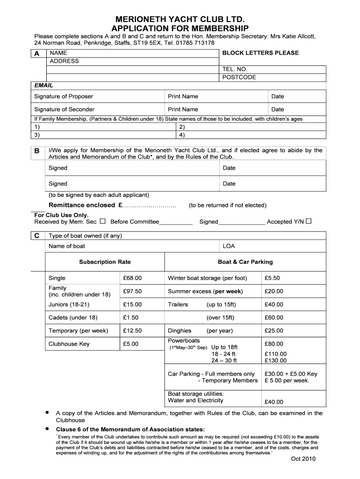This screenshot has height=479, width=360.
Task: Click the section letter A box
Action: [x=37, y=54]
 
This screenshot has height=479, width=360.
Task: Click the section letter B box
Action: [x=37, y=151]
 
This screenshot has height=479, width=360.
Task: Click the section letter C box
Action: [x=37, y=236]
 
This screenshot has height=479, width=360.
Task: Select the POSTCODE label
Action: [x=239, y=78]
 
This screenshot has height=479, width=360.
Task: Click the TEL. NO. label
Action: [x=235, y=69]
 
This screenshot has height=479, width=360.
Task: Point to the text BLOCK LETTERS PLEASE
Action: [x=260, y=53]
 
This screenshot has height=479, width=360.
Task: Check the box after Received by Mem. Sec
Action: [x=102, y=221]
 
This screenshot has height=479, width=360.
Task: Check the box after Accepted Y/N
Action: [x=309, y=221]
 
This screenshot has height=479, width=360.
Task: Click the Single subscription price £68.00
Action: [x=132, y=278]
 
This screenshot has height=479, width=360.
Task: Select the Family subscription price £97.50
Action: [x=132, y=291]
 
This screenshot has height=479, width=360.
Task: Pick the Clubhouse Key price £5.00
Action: [x=130, y=344]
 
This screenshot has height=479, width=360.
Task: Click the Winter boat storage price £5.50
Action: [x=272, y=278]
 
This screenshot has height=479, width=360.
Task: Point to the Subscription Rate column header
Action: [x=105, y=262]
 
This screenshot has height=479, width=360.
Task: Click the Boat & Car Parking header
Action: [x=245, y=262]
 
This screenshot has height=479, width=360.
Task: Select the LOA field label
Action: [x=229, y=246]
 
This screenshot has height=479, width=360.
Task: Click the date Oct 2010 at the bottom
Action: [x=303, y=459]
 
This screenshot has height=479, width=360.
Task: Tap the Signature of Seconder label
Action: [x=65, y=109]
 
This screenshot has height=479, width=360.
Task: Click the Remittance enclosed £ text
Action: [x=85, y=205]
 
